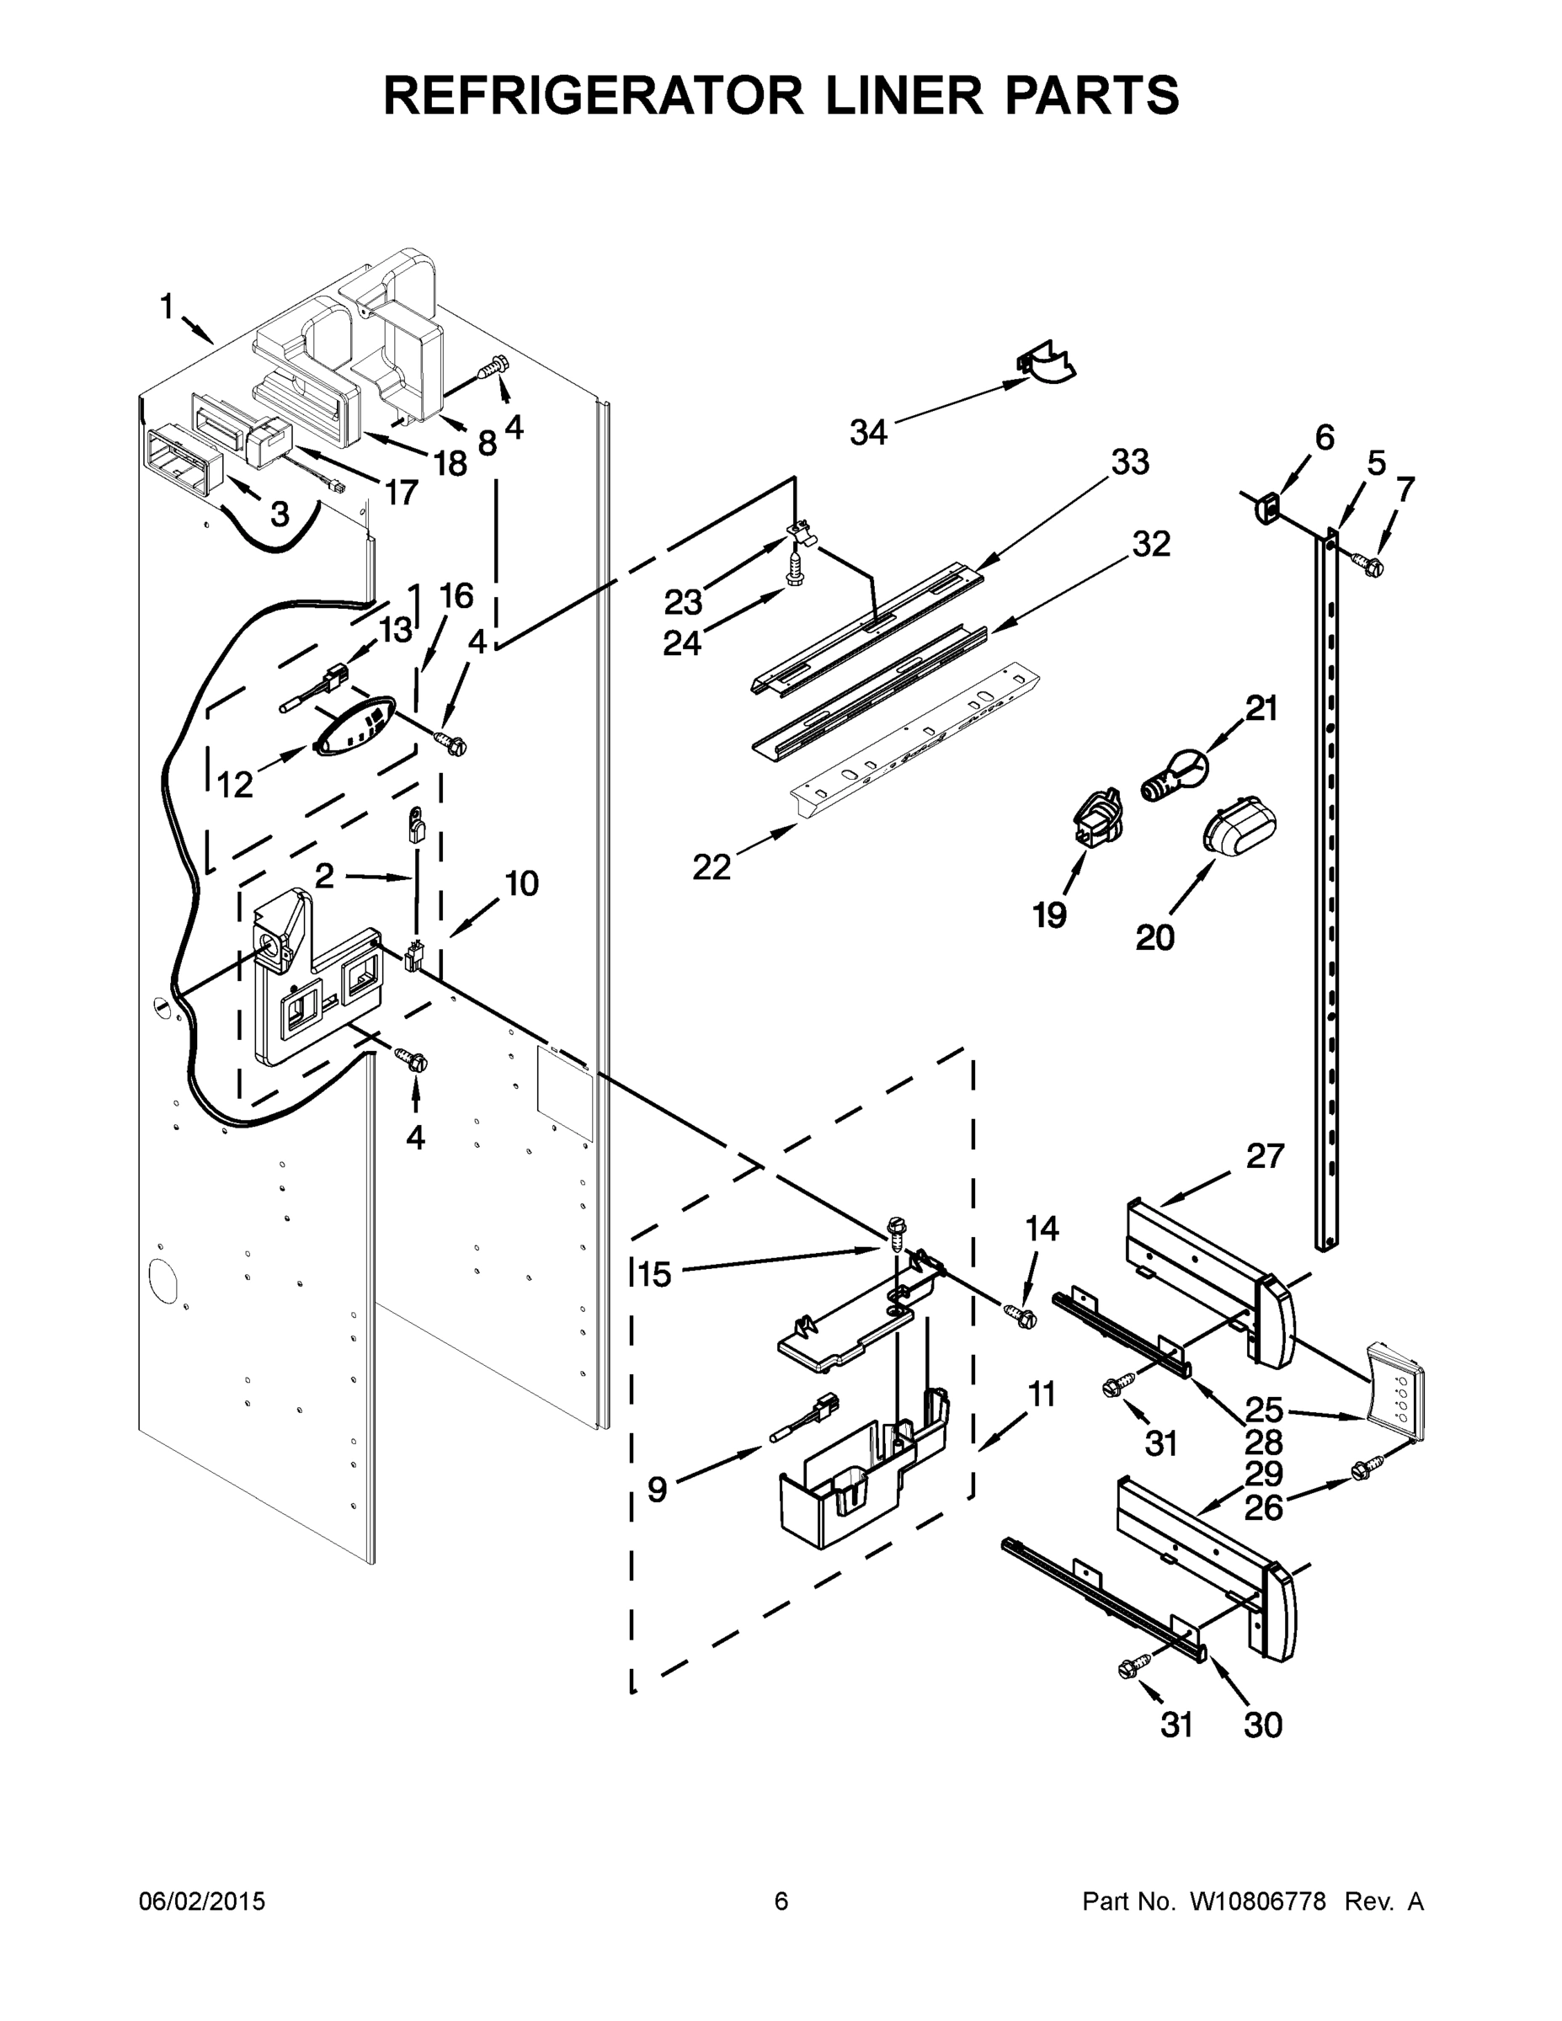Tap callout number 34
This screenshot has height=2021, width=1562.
click(x=868, y=432)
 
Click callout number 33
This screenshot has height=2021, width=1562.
click(x=1129, y=461)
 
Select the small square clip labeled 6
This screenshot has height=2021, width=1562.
click(x=1266, y=508)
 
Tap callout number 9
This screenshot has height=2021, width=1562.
click(x=656, y=1489)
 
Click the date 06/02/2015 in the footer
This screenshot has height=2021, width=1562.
click(x=202, y=1901)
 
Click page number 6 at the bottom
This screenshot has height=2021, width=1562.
click(x=781, y=1901)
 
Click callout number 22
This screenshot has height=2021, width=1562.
click(x=712, y=867)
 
